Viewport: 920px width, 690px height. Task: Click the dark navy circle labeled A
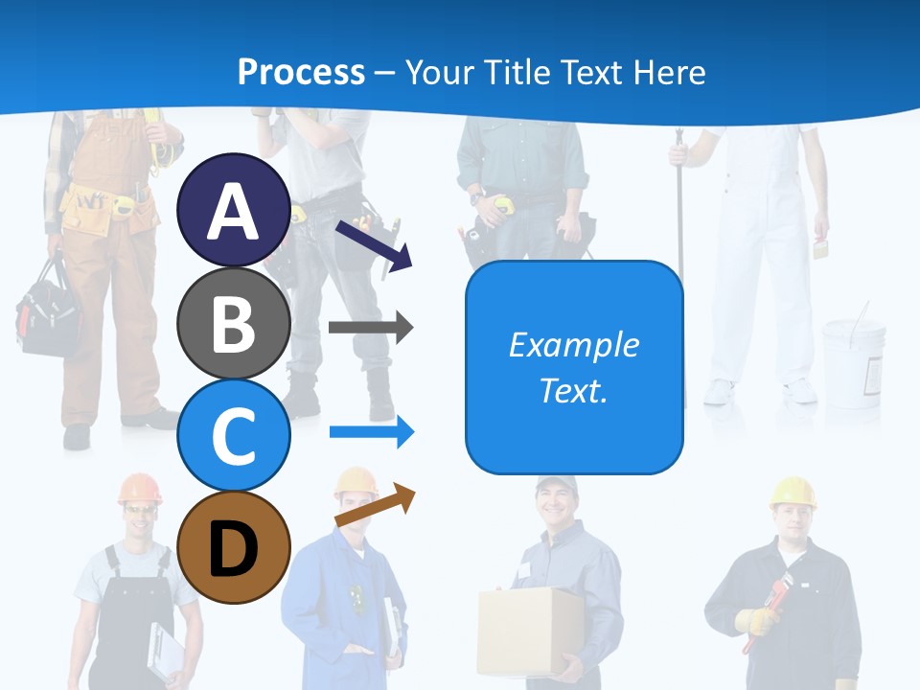pos(233,210)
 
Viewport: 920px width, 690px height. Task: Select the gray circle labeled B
pos(233,323)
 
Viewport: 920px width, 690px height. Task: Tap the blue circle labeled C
pos(233,435)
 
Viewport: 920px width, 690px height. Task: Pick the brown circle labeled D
pos(233,547)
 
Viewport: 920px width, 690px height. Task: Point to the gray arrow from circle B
pos(371,328)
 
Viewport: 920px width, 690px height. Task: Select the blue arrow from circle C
pos(371,432)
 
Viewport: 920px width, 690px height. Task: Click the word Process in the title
pos(301,72)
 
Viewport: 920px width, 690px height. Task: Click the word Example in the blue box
pos(573,345)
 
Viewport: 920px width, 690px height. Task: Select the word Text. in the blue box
pos(573,390)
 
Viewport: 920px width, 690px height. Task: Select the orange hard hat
pos(140,488)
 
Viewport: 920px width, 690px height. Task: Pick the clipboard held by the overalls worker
pos(165,652)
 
